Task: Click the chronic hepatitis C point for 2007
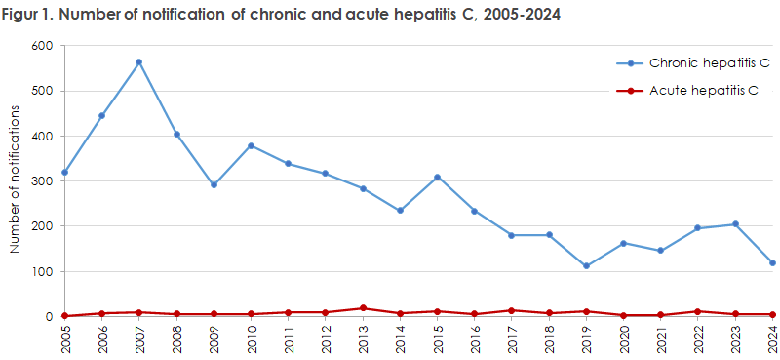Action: [x=138, y=62]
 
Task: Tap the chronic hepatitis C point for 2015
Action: [x=438, y=178]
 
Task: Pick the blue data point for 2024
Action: [x=771, y=263]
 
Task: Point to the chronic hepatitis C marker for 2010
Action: [x=251, y=146]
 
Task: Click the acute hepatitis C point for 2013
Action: [x=363, y=308]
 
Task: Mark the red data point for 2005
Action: [x=64, y=316]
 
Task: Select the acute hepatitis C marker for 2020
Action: [x=623, y=315]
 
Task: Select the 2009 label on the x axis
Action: [x=214, y=340]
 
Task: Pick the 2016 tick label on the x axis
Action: [x=475, y=340]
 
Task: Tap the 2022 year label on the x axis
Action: [x=698, y=340]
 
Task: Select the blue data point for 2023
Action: [x=734, y=224]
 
